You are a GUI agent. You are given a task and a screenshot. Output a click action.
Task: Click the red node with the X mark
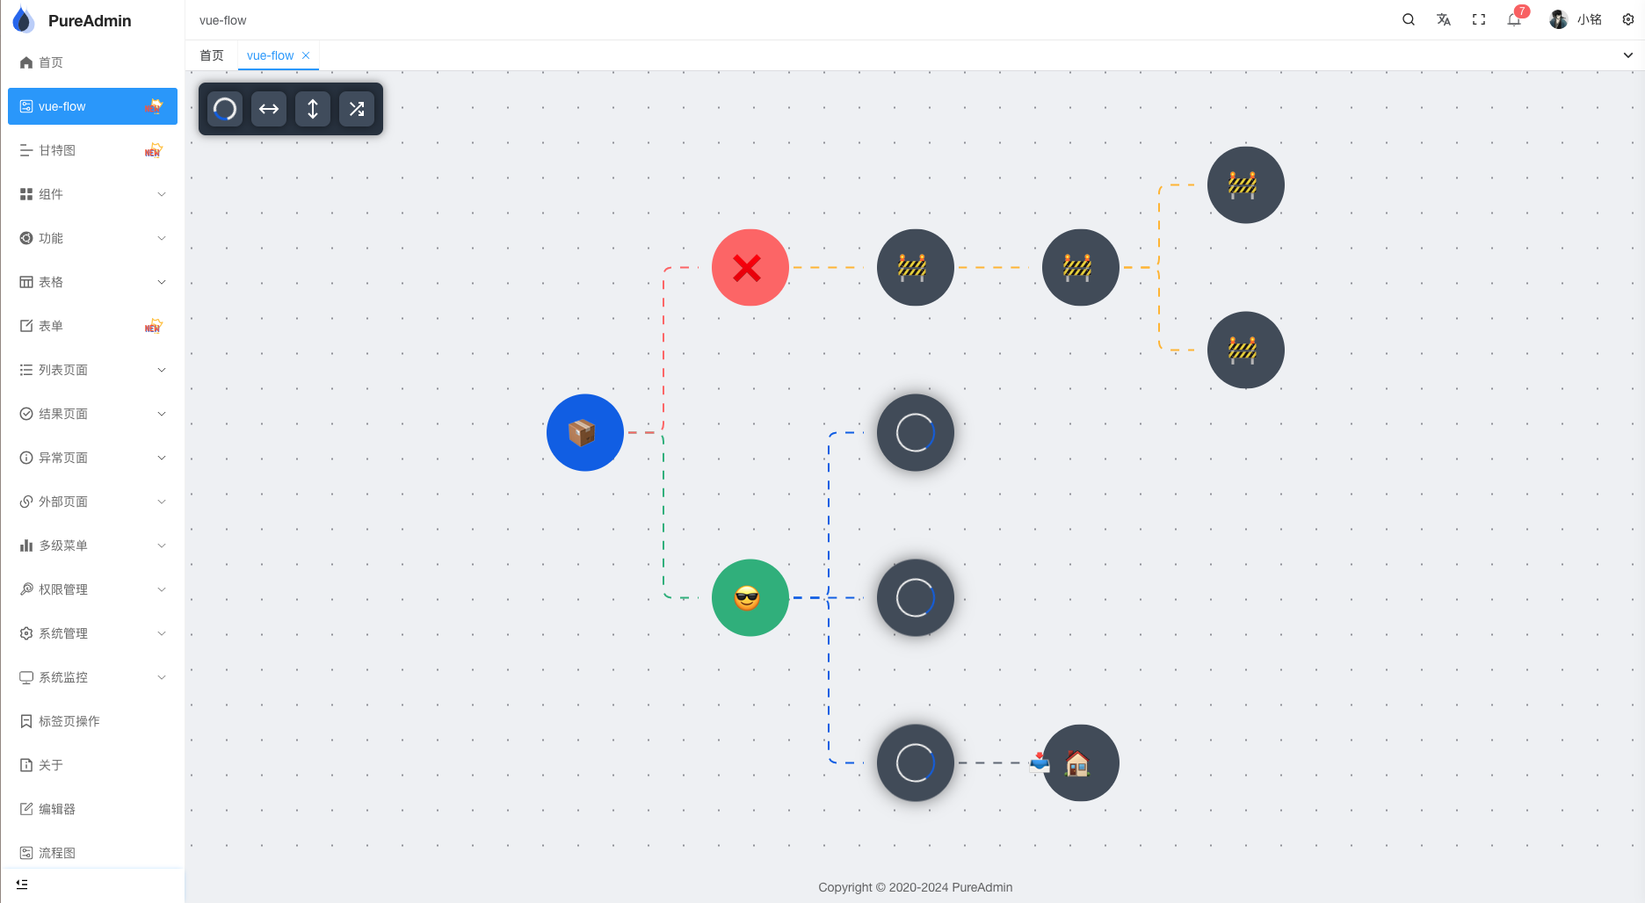pyautogui.click(x=750, y=267)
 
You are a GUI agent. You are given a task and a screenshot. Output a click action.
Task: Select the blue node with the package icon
pyautogui.click(x=584, y=432)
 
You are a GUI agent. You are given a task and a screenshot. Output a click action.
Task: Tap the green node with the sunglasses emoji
pyautogui.click(x=750, y=597)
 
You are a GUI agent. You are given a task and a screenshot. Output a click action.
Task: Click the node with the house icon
pyautogui.click(x=1080, y=762)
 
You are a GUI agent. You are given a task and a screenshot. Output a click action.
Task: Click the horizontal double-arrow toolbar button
pyautogui.click(x=269, y=109)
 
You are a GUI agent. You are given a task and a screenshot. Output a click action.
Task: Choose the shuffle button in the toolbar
pyautogui.click(x=357, y=109)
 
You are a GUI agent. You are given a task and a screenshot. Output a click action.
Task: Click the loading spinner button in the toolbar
pyautogui.click(x=225, y=109)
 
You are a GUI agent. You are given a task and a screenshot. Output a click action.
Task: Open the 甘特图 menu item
pyautogui.click(x=58, y=150)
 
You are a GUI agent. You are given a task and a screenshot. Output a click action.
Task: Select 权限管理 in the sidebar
pyautogui.click(x=63, y=589)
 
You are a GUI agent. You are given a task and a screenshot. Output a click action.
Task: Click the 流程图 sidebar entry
pyautogui.click(x=57, y=853)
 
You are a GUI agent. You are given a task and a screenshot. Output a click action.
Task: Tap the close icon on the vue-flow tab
pyautogui.click(x=306, y=55)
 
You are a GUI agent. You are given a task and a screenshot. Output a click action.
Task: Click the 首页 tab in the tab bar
pyautogui.click(x=212, y=55)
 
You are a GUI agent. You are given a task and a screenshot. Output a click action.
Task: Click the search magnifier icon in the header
pyautogui.click(x=1409, y=19)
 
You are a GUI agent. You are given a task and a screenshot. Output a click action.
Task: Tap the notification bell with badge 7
pyautogui.click(x=1514, y=19)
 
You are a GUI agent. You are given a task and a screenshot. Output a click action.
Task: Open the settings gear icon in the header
pyautogui.click(x=1628, y=19)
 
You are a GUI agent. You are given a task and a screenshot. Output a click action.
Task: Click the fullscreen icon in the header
pyautogui.click(x=1479, y=19)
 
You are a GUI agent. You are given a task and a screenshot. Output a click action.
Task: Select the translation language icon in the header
pyautogui.click(x=1444, y=19)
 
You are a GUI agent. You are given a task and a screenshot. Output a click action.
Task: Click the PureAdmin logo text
pyautogui.click(x=90, y=20)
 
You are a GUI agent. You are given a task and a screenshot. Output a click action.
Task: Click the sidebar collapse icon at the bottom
pyautogui.click(x=22, y=884)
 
